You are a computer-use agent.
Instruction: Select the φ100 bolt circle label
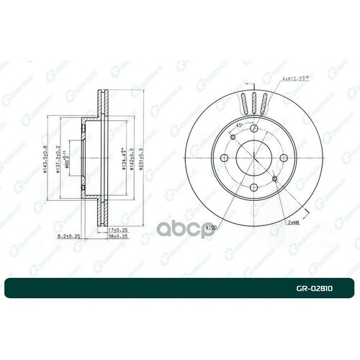point(210,228)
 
